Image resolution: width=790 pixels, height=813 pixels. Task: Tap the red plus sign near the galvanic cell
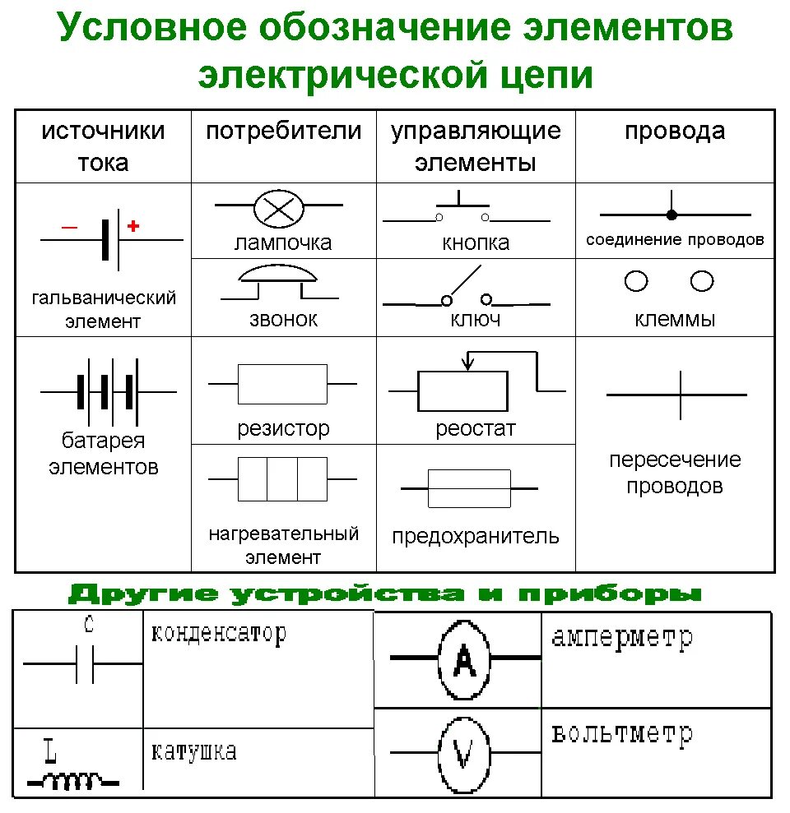click(132, 225)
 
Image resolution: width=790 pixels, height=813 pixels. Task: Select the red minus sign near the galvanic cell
click(68, 227)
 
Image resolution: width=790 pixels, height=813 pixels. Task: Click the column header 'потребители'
click(283, 132)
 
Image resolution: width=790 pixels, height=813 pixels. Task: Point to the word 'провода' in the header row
click(675, 132)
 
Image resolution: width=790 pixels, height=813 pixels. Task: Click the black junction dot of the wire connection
click(671, 215)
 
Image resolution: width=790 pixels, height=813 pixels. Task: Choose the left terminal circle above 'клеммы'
click(636, 282)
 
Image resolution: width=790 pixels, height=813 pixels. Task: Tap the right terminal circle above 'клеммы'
click(702, 282)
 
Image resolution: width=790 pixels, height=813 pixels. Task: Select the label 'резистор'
click(283, 428)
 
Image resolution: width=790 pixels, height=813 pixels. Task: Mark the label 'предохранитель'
click(476, 537)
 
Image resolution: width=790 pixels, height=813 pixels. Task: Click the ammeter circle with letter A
click(465, 658)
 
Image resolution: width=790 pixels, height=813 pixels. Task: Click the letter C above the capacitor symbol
click(89, 624)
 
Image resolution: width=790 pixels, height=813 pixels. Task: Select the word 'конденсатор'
click(219, 633)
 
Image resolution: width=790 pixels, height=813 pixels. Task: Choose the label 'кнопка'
click(476, 243)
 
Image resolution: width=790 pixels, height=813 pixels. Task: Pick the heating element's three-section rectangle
click(282, 478)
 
